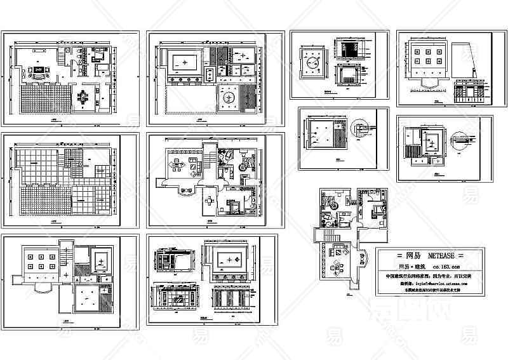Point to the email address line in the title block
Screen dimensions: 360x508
point(432,284)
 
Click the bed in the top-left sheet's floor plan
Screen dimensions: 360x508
point(100,57)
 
